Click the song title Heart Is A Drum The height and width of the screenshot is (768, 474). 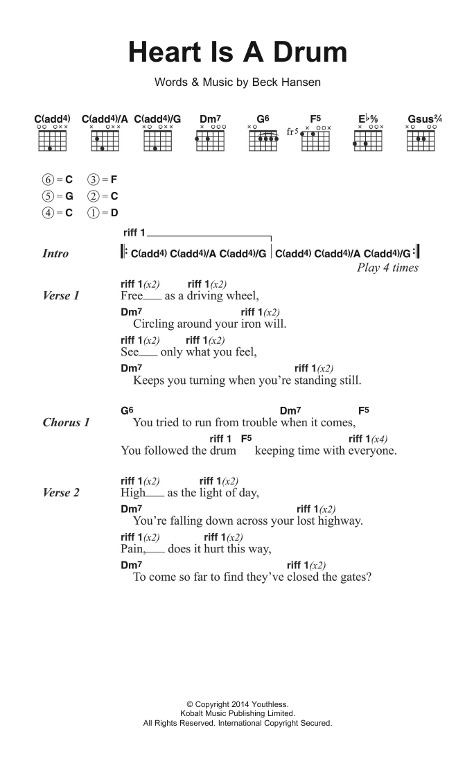click(x=237, y=52)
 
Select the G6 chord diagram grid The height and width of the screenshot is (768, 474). click(x=263, y=139)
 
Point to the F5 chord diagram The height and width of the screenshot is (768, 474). click(x=315, y=139)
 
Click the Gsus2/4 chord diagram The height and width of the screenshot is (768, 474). click(x=421, y=139)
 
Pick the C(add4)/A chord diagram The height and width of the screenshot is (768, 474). click(x=104, y=139)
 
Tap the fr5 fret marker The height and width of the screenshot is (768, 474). click(x=292, y=132)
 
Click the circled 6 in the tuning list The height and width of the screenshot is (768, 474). click(x=47, y=179)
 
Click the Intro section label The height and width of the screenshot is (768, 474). click(x=55, y=254)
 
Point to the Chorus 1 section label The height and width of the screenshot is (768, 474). click(x=66, y=422)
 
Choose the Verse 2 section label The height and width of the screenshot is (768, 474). click(x=61, y=493)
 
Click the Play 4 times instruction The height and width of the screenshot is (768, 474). click(x=387, y=268)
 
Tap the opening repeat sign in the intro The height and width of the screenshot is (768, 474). click(x=124, y=253)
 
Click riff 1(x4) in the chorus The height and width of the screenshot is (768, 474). click(x=368, y=439)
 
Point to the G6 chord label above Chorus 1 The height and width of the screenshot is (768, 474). click(x=127, y=410)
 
